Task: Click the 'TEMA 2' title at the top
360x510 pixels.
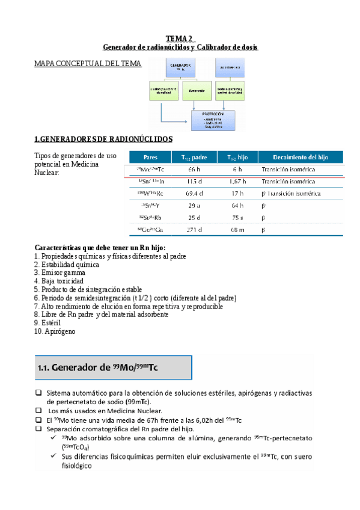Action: pyautogui.click(x=180, y=38)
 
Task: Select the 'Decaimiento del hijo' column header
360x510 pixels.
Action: pyautogui.click(x=301, y=156)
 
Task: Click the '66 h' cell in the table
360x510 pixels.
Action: pyautogui.click(x=194, y=170)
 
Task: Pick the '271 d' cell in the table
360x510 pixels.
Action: pyautogui.click(x=194, y=230)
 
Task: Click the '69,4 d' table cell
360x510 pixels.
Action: pyautogui.click(x=194, y=193)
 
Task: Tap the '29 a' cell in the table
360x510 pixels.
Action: pyautogui.click(x=194, y=205)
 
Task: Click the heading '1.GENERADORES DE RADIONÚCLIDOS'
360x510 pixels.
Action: pyautogui.click(x=103, y=139)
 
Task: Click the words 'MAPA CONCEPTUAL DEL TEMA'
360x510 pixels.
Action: pyautogui.click(x=88, y=63)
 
